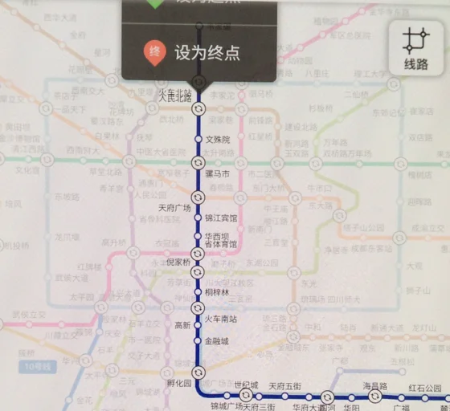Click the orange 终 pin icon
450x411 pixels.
[x=154, y=53]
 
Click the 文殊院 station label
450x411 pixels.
[x=218, y=139]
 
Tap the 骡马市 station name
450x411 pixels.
[x=218, y=173]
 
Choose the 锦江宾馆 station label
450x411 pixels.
[x=221, y=218]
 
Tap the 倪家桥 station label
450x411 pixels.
[x=178, y=262]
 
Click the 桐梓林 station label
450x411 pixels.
[x=217, y=293]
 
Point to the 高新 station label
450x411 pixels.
[x=182, y=325]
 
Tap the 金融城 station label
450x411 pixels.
[x=217, y=341]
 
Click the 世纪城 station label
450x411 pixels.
[x=246, y=385]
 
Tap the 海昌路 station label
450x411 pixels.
[x=374, y=387]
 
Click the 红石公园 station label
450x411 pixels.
[x=425, y=389]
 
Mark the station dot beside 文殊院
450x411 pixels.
[x=198, y=139]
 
